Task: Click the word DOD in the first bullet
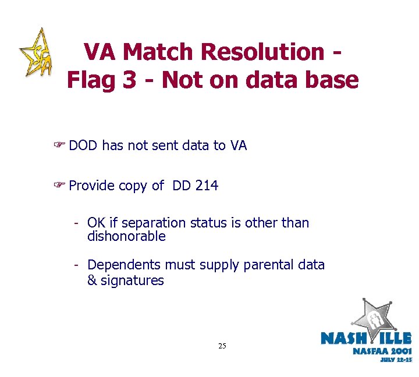[x=83, y=145]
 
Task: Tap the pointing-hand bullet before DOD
[x=59, y=145]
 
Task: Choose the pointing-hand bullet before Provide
[x=59, y=186]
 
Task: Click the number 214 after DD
[x=207, y=186]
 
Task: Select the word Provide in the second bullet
[x=91, y=186]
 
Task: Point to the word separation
[x=148, y=223]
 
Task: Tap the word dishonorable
[x=126, y=237]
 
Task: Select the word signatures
[x=133, y=281]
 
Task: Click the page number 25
[x=222, y=346]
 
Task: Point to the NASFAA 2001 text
[x=382, y=351]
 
